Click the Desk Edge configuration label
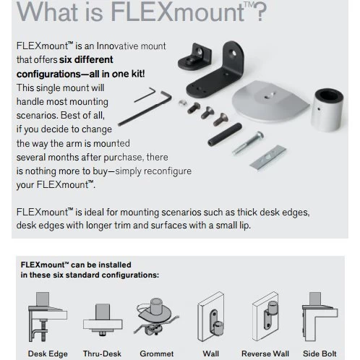point(48,353)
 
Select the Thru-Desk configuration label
point(102,353)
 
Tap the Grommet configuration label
point(157,353)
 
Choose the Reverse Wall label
point(265,353)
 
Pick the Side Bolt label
point(320,353)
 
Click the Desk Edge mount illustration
point(48,317)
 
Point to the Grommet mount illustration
point(156,317)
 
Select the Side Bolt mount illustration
point(320,317)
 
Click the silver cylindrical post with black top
point(327,110)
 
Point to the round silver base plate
point(270,101)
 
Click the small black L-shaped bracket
point(194,56)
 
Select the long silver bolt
point(248,143)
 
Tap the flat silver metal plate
point(268,158)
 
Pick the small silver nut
point(182,103)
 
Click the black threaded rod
point(225,134)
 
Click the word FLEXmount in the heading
point(178,12)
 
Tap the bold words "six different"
point(86,59)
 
